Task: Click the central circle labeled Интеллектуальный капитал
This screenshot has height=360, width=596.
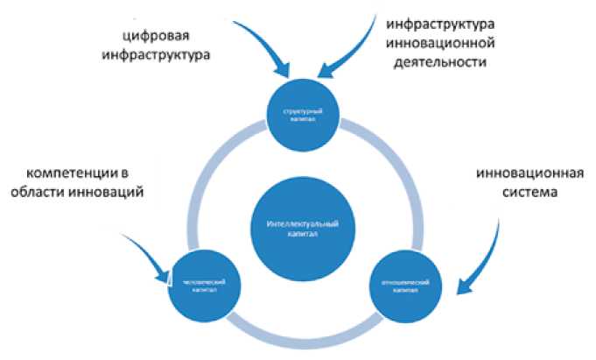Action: [x=300, y=229]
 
